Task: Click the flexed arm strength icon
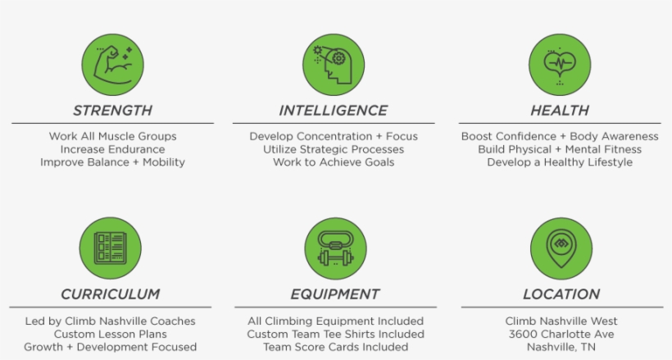coord(113,65)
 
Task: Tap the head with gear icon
coord(334,65)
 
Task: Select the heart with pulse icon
coord(560,65)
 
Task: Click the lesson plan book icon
coord(110,248)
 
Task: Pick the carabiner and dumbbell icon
coord(335,248)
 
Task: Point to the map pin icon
coord(561,248)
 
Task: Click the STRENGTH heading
coord(113,111)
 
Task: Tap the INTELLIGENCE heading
coord(334,111)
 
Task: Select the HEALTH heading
coord(560,111)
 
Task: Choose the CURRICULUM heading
coord(110,294)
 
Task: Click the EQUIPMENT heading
coord(335,294)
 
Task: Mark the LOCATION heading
coord(561,294)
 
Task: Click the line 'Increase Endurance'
coord(113,149)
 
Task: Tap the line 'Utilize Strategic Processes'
coord(334,149)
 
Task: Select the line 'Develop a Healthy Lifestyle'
coord(560,162)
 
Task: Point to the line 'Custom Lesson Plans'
coord(110,334)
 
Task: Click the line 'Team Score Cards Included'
coord(335,347)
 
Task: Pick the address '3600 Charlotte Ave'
coord(561,334)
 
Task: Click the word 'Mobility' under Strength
coord(164,162)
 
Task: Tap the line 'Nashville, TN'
coord(561,347)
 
